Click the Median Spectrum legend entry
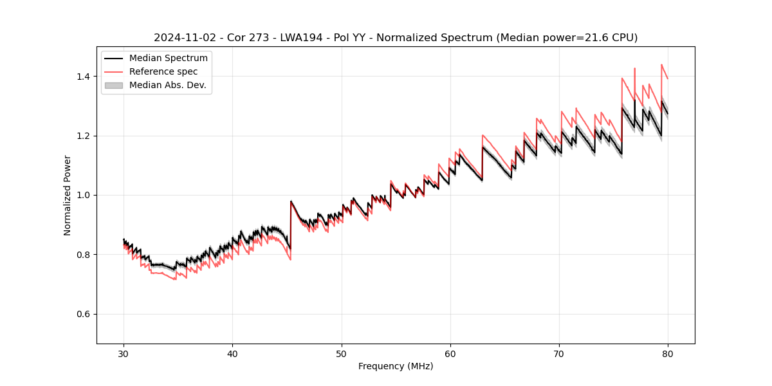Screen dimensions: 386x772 click(x=168, y=59)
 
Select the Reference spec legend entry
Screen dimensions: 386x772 click(x=163, y=71)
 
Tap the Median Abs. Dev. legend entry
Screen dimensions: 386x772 click(x=167, y=85)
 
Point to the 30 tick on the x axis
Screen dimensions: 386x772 click(x=124, y=353)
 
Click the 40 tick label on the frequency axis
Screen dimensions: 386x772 click(x=232, y=353)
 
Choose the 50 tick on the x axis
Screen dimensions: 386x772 click(x=341, y=353)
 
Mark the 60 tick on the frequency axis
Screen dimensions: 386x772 click(x=450, y=353)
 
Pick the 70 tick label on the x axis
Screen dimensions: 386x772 click(x=559, y=353)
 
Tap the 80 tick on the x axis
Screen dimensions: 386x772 click(x=668, y=353)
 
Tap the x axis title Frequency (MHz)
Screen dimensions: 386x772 click(x=396, y=366)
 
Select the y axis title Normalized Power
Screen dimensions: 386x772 click(x=68, y=195)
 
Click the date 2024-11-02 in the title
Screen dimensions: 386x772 click(x=181, y=38)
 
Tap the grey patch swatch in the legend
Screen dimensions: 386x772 click(x=113, y=85)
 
